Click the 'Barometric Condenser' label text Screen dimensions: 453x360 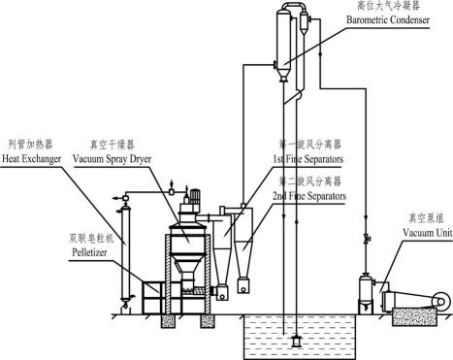point(388,19)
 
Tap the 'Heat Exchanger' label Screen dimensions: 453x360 point(31,159)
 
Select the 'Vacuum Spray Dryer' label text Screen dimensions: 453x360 point(112,159)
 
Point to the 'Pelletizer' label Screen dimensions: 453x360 point(89,252)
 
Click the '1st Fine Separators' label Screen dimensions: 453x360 point(307,159)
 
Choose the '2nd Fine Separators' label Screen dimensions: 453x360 point(309,196)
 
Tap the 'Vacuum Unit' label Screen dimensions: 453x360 point(427,233)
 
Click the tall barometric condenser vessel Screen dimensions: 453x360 point(283,46)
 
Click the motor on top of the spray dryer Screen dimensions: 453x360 point(195,197)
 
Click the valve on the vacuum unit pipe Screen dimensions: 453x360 point(367,240)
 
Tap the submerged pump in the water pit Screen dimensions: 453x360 point(296,342)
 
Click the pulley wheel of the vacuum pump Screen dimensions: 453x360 point(441,302)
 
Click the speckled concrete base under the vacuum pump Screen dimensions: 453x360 point(414,316)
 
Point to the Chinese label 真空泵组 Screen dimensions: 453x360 point(426,218)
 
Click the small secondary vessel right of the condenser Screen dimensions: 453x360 point(304,22)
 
